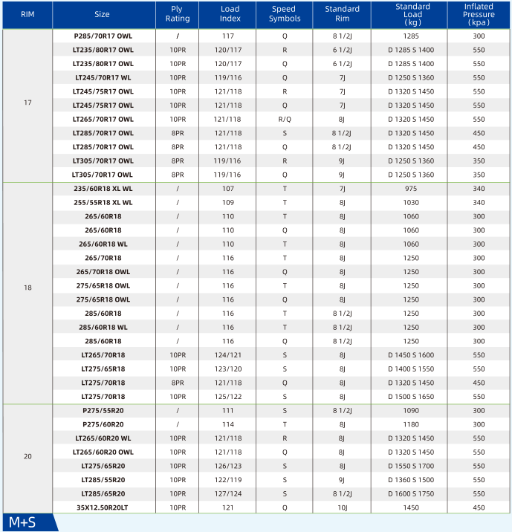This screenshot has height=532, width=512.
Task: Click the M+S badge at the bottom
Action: [22, 522]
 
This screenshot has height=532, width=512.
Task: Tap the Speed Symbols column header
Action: [284, 13]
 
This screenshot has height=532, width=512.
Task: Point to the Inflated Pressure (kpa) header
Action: [479, 13]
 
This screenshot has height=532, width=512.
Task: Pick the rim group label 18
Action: [27, 286]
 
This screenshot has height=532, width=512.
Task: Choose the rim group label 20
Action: [27, 455]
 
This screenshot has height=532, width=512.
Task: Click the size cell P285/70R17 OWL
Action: [103, 36]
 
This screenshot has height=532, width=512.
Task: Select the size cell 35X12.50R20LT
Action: [103, 507]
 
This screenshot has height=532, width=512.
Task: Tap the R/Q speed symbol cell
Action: [284, 119]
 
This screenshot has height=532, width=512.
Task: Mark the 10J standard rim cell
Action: [342, 507]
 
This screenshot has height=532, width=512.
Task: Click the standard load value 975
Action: [411, 189]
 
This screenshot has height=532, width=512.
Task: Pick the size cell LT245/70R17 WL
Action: [103, 77]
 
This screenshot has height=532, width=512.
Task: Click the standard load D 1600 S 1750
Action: [411, 493]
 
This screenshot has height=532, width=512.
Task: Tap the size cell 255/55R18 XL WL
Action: [103, 202]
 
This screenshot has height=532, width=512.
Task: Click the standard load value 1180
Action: [411, 424]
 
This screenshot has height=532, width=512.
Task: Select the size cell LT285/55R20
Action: [103, 480]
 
